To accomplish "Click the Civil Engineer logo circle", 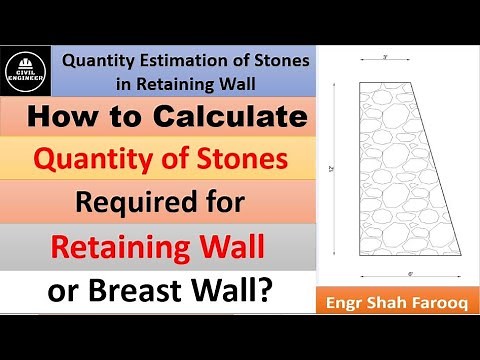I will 28,72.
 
